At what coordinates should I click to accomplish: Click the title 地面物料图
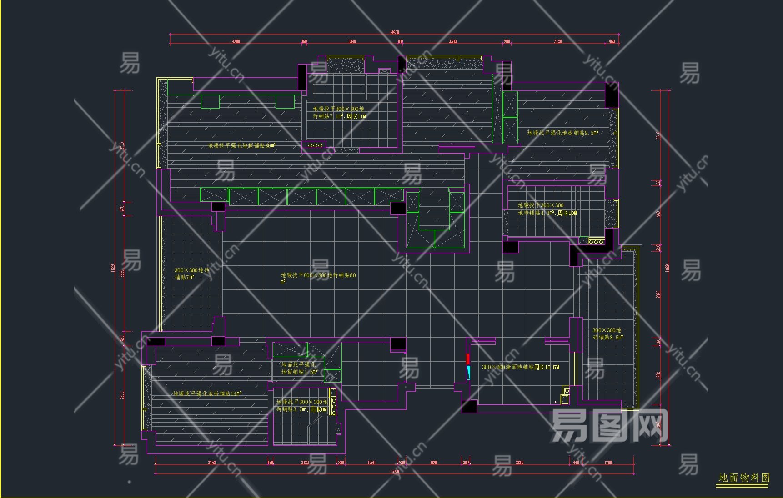[744, 478]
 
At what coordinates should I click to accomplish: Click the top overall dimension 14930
[394, 32]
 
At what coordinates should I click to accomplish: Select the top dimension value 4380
[236, 41]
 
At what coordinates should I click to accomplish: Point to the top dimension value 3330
[452, 41]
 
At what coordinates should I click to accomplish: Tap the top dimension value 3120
[557, 41]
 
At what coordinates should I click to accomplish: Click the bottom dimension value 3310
[519, 463]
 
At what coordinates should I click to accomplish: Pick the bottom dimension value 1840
[433, 463]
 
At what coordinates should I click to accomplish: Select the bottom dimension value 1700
[608, 463]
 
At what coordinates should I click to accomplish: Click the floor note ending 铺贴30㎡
[241, 146]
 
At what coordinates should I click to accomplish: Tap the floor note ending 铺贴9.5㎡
[562, 133]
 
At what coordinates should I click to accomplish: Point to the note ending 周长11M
[339, 113]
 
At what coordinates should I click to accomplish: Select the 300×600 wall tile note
[520, 367]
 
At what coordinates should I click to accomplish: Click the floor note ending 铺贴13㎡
[207, 393]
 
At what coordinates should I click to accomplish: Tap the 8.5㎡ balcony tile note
[607, 334]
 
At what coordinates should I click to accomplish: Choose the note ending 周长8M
[302, 406]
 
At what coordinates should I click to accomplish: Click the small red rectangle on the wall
[468, 359]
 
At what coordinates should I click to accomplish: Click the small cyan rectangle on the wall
[468, 372]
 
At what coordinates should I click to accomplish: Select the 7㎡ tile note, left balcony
[191, 274]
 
